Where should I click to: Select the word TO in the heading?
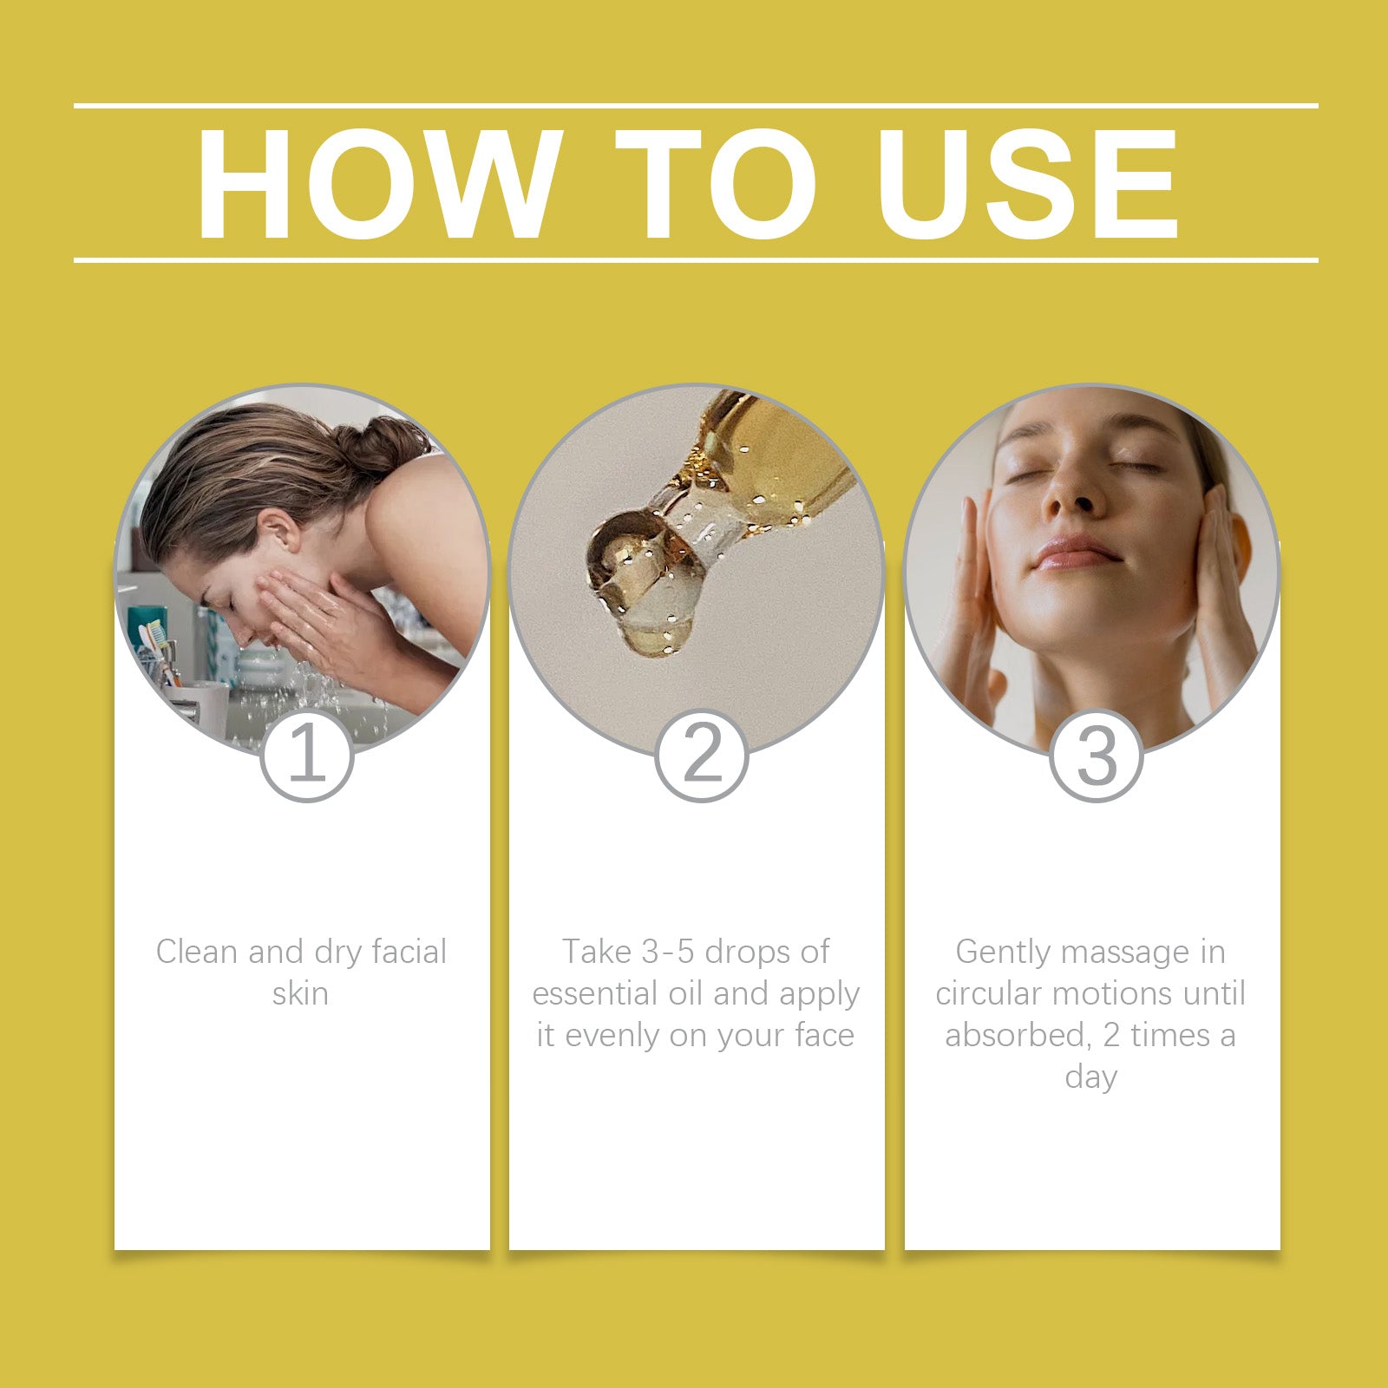click(715, 183)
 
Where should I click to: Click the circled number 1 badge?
click(306, 755)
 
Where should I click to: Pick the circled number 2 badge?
click(702, 755)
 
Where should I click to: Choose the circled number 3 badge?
click(1097, 755)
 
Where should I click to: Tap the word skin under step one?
click(300, 993)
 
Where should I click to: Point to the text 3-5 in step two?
click(667, 952)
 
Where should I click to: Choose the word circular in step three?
click(988, 993)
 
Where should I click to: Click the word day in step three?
click(1090, 1077)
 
